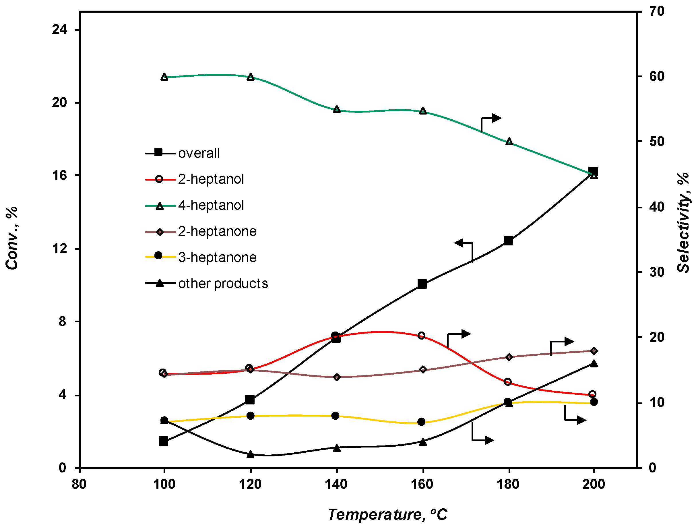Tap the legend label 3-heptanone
(217, 258)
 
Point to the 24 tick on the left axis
(60, 30)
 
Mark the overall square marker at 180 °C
(509, 241)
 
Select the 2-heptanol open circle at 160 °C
(422, 336)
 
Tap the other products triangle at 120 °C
(251, 454)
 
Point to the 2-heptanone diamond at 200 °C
(594, 351)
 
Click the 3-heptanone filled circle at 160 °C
(422, 422)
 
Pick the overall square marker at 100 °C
(164, 441)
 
